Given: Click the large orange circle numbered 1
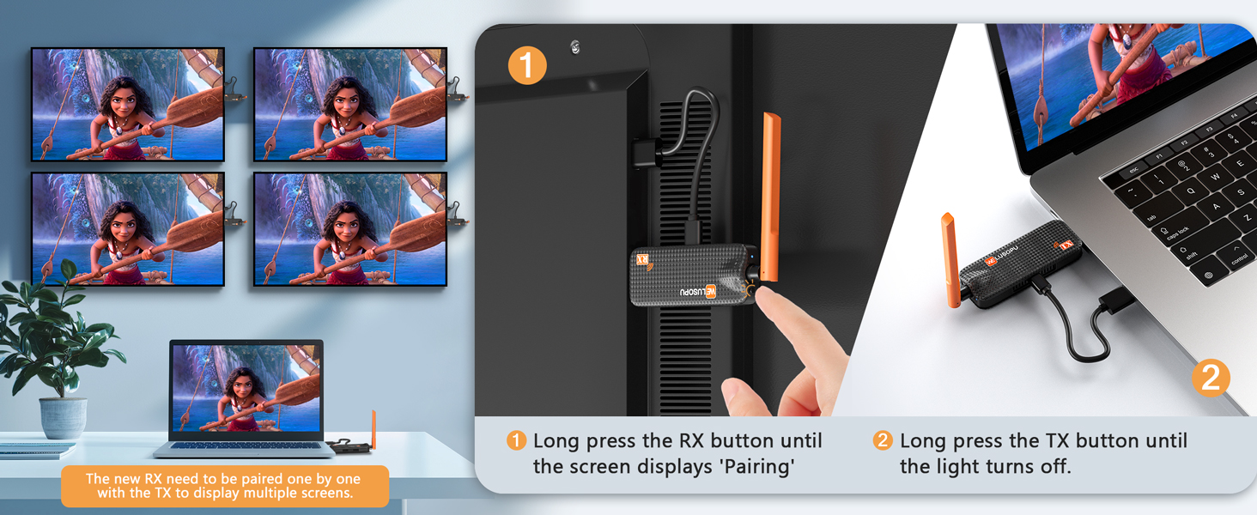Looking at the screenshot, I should pos(527,64).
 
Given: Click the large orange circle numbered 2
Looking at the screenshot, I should pos(1210,379).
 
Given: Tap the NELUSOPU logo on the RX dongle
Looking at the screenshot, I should pos(698,291).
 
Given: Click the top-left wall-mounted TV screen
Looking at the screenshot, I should pos(128,104).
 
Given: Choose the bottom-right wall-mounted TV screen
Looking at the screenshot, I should pos(350,229).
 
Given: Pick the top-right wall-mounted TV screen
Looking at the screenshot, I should pos(350,104).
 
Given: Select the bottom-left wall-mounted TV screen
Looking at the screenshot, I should pos(128,229).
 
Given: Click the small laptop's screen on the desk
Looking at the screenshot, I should pos(246,388).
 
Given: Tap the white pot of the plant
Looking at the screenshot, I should pos(63,417).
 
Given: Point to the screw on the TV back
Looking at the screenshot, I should pos(575,47).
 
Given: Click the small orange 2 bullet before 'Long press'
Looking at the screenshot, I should pos(883,441).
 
